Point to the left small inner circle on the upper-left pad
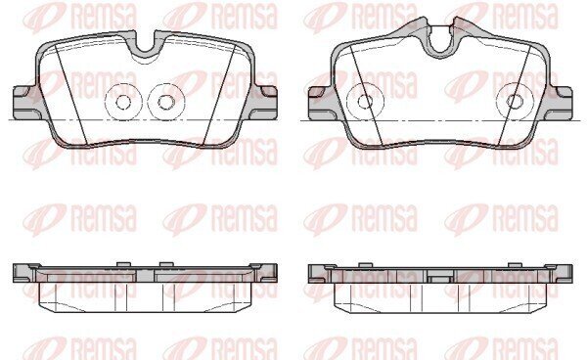point(123,102)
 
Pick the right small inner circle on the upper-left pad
point(166,102)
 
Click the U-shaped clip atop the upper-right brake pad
point(442,42)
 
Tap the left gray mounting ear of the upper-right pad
point(321,103)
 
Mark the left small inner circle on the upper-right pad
point(365,102)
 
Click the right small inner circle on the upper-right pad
point(515,102)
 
